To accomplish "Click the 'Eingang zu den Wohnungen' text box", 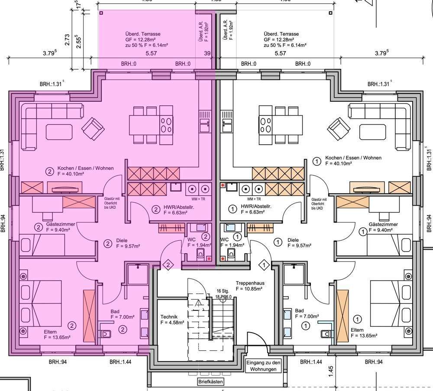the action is tap(264, 366).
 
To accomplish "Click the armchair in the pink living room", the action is tap(93, 128).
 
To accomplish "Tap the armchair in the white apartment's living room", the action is tap(339, 129).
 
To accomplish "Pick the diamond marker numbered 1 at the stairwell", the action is tap(263, 264).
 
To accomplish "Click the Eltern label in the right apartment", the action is tap(358, 330).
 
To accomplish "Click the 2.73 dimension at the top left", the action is tap(67, 40).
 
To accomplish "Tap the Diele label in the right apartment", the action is tap(293, 240).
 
